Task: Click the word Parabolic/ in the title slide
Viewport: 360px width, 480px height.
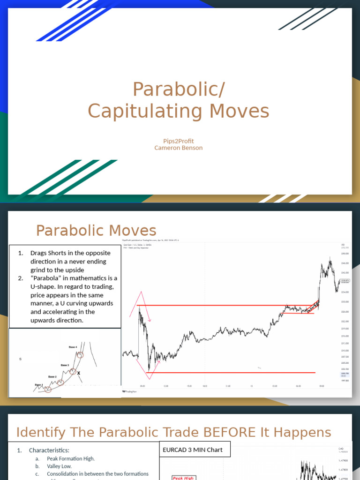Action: tap(179, 89)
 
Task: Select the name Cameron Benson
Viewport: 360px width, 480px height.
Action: tap(179, 148)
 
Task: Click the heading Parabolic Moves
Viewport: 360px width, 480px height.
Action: tap(96, 231)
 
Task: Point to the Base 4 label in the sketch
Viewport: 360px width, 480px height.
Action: tap(73, 347)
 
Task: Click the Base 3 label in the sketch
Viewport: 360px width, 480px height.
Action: tap(65, 365)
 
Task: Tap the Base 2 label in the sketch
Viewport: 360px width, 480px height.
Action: tap(52, 376)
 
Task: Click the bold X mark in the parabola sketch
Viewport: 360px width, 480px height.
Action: tap(79, 373)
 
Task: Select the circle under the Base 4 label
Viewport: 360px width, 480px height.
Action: tap(80, 355)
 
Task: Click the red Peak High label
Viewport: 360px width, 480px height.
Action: tap(184, 478)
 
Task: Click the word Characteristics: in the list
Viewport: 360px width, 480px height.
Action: tap(49, 450)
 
